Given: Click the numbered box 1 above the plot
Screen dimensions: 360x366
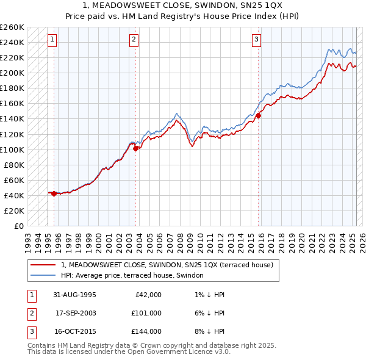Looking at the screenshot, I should [53, 40].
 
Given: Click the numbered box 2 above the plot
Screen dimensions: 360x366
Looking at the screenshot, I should [134, 40].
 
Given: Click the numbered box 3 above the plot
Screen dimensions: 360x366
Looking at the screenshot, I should [257, 40].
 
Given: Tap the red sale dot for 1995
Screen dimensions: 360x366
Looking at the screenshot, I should [54, 193].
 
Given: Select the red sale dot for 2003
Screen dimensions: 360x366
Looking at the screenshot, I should [136, 148].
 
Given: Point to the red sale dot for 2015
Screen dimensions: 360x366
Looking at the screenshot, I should [259, 115].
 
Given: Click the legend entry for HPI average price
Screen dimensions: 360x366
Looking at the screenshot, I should [135, 276].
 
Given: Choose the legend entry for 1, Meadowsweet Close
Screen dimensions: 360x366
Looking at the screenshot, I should [170, 265].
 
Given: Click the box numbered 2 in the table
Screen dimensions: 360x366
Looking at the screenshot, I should [30, 313].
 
